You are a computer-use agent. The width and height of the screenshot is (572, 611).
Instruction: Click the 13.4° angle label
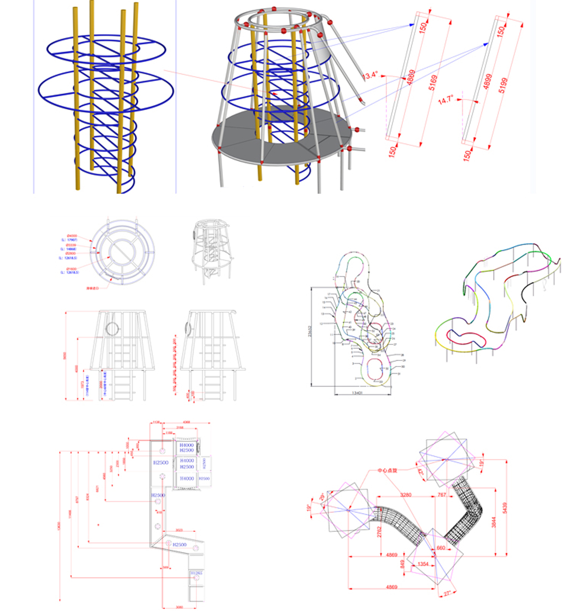(x=370, y=75)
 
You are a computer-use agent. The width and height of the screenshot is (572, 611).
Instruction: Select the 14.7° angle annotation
(x=446, y=101)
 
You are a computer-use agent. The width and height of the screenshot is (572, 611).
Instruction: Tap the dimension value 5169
(x=433, y=83)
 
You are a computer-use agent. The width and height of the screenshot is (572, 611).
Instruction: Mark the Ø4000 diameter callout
(x=72, y=236)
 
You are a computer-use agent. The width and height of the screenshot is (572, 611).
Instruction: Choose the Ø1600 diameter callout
(x=71, y=269)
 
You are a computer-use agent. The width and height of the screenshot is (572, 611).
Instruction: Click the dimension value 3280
(x=406, y=495)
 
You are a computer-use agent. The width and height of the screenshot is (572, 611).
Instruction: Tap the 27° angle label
(x=447, y=594)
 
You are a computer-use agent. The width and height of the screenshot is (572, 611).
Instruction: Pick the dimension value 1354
(x=423, y=564)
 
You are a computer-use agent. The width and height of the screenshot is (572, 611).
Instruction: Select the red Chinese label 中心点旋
(x=387, y=470)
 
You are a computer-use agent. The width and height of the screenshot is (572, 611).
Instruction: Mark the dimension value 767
(x=441, y=495)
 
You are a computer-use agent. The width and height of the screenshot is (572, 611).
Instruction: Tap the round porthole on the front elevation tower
(x=112, y=328)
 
